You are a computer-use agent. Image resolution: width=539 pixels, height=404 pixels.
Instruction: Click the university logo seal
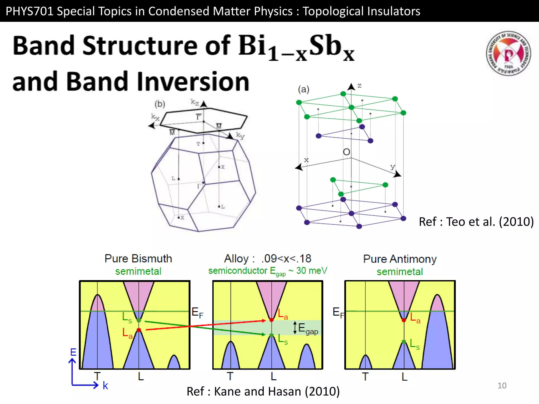[x=508, y=53]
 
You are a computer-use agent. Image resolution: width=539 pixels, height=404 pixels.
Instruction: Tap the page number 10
[x=502, y=386]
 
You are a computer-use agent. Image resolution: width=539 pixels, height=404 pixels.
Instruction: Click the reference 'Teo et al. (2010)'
[x=476, y=221]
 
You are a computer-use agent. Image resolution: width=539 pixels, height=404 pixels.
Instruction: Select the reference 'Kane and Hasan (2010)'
[x=263, y=391]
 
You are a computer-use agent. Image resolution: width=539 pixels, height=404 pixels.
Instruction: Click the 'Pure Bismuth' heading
[x=138, y=259]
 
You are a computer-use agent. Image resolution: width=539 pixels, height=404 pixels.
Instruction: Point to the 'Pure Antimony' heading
[x=400, y=259]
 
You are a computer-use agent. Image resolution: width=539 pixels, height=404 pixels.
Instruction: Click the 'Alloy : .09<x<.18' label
[x=268, y=259]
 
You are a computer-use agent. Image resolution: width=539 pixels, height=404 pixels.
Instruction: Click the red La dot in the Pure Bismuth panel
[x=139, y=330]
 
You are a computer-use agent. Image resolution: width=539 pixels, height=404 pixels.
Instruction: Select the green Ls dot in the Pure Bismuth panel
[x=139, y=320]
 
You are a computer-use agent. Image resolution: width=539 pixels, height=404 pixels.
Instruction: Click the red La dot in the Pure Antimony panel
[x=404, y=320]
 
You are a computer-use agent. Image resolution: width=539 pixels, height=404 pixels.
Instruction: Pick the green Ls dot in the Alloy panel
[x=272, y=335]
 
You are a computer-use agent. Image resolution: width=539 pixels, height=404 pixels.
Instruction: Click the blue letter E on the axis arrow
[x=73, y=352]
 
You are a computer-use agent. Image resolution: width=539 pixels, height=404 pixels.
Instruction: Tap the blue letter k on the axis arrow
[x=105, y=386]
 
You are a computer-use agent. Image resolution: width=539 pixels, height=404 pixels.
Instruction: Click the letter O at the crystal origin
[x=346, y=152]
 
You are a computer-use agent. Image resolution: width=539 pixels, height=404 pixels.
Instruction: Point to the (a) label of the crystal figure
[x=303, y=89]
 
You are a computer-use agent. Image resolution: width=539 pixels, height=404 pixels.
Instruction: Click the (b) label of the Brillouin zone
[x=160, y=104]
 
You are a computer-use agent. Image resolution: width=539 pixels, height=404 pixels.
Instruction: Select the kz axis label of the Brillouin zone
[x=195, y=102]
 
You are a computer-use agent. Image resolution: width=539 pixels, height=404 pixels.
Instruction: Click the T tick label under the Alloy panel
[x=230, y=376]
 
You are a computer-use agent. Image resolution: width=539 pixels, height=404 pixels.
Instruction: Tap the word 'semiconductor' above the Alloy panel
[x=238, y=271]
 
